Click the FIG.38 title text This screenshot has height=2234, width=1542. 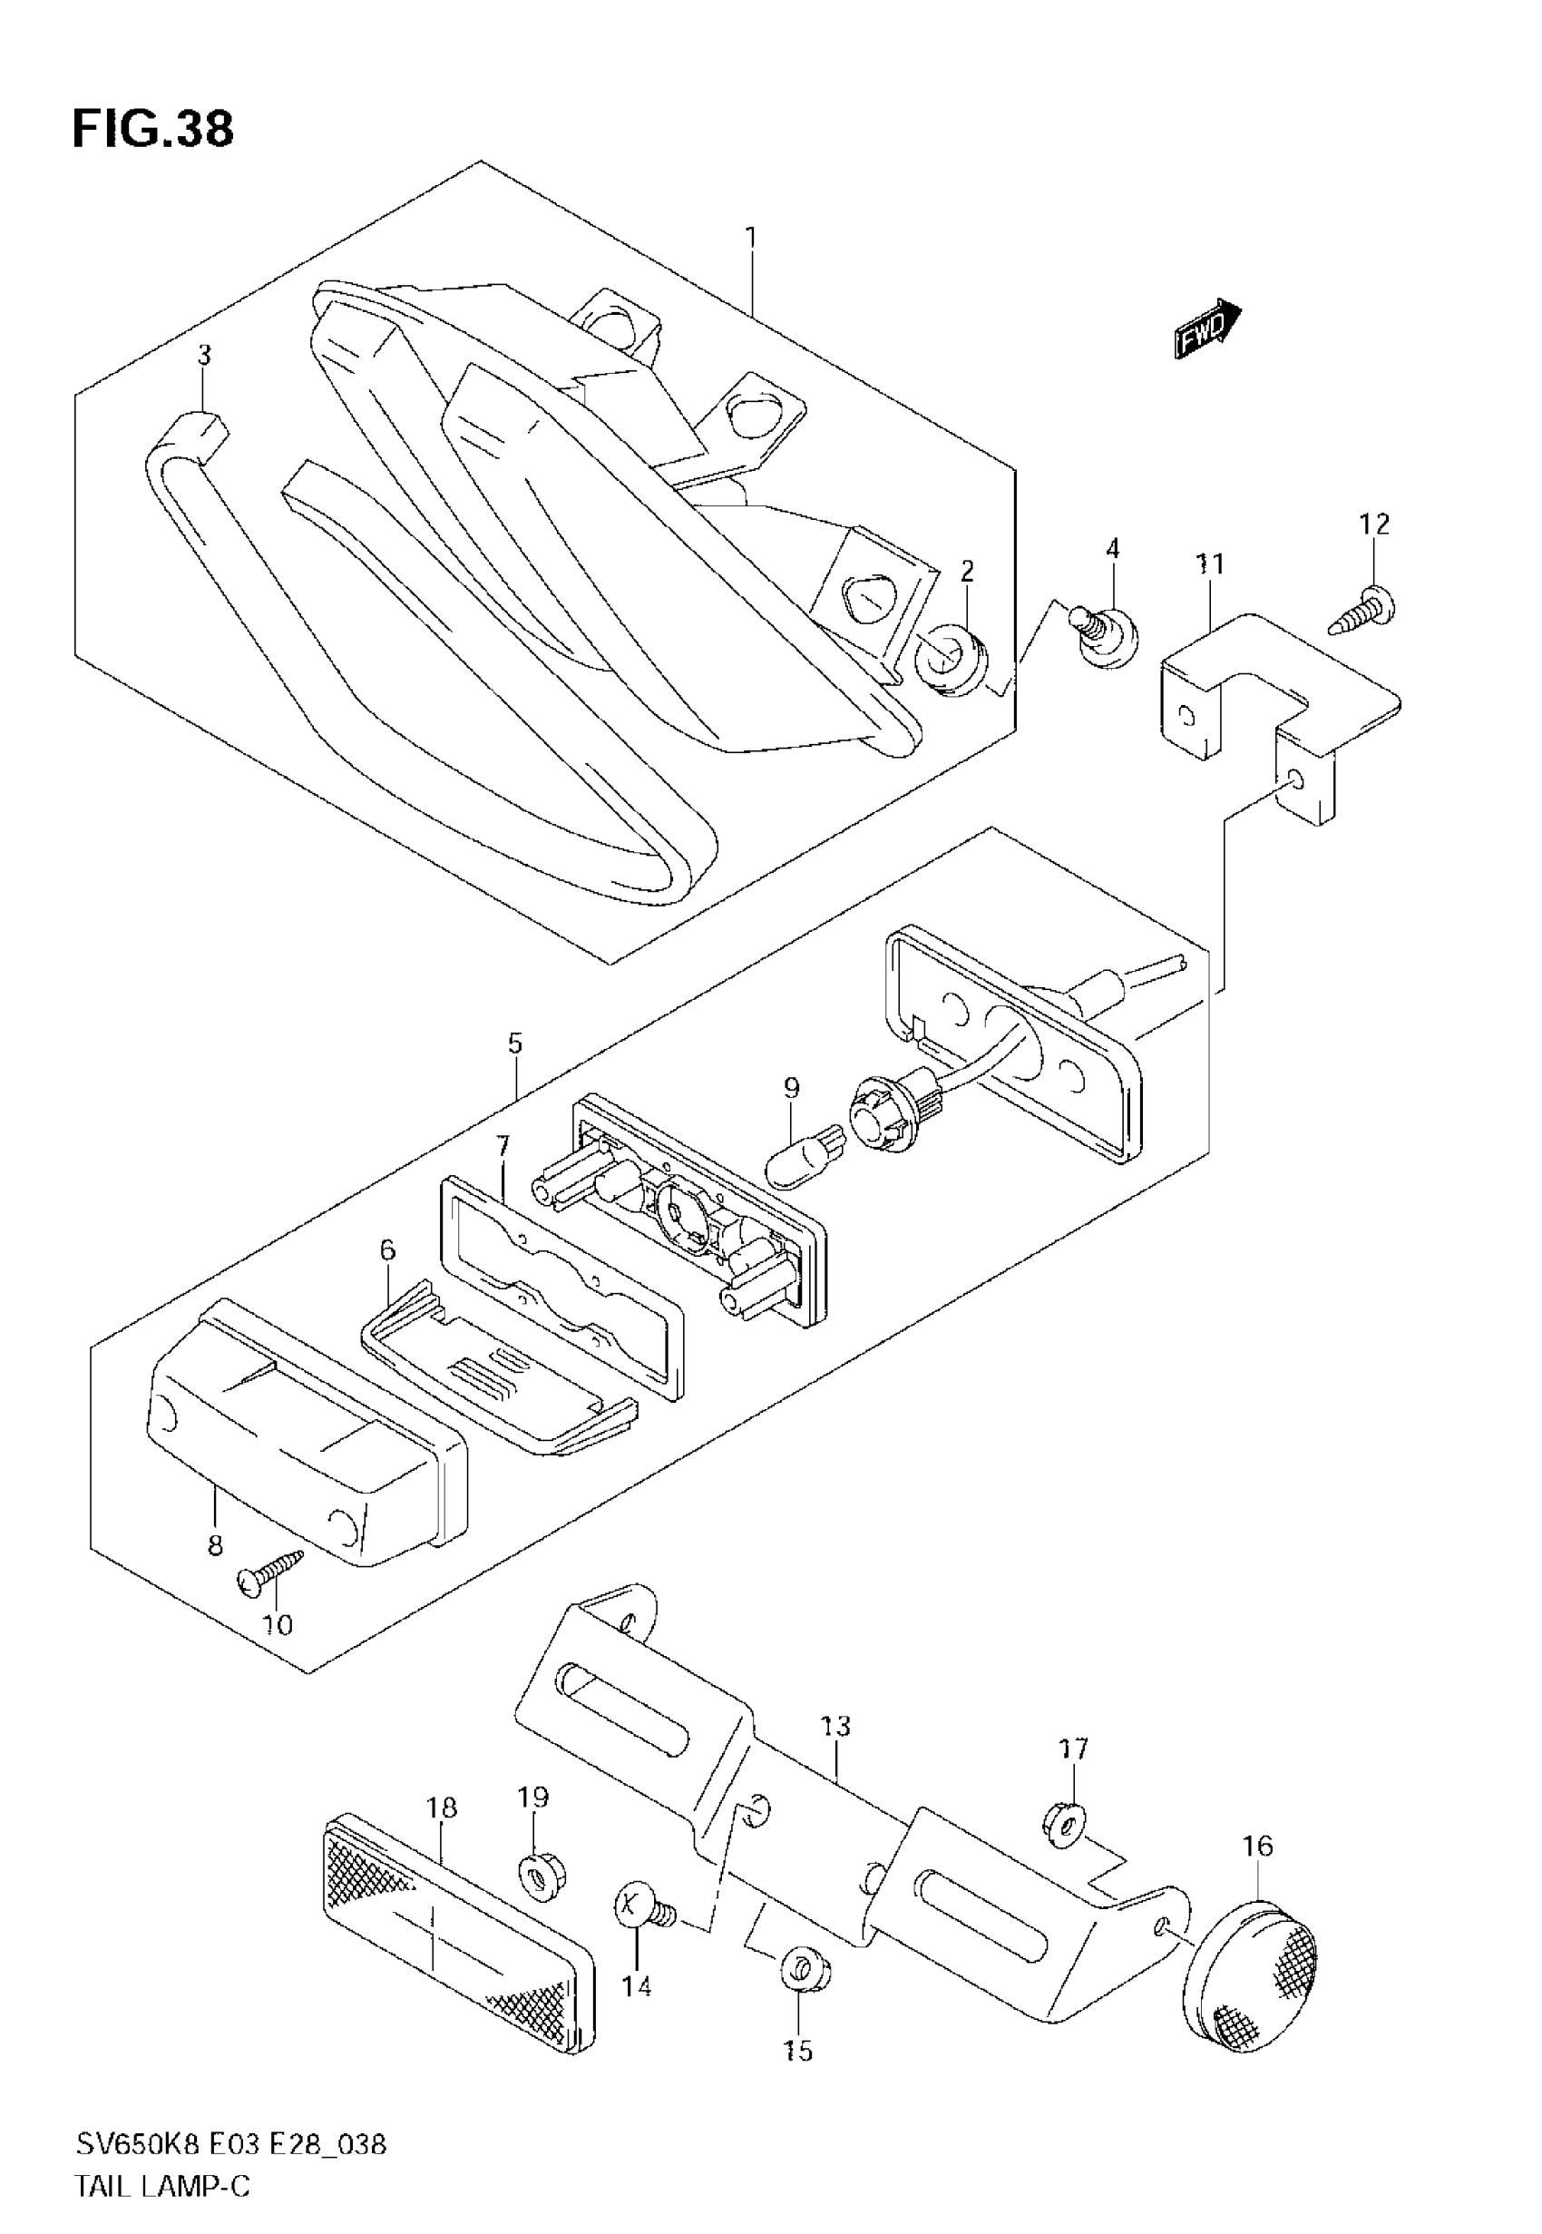pos(152,130)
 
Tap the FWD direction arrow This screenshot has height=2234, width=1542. pos(1206,328)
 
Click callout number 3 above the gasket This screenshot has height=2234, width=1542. pos(204,356)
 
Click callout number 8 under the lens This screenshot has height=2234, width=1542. pos(214,1545)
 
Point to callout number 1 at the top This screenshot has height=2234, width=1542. pos(751,238)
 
